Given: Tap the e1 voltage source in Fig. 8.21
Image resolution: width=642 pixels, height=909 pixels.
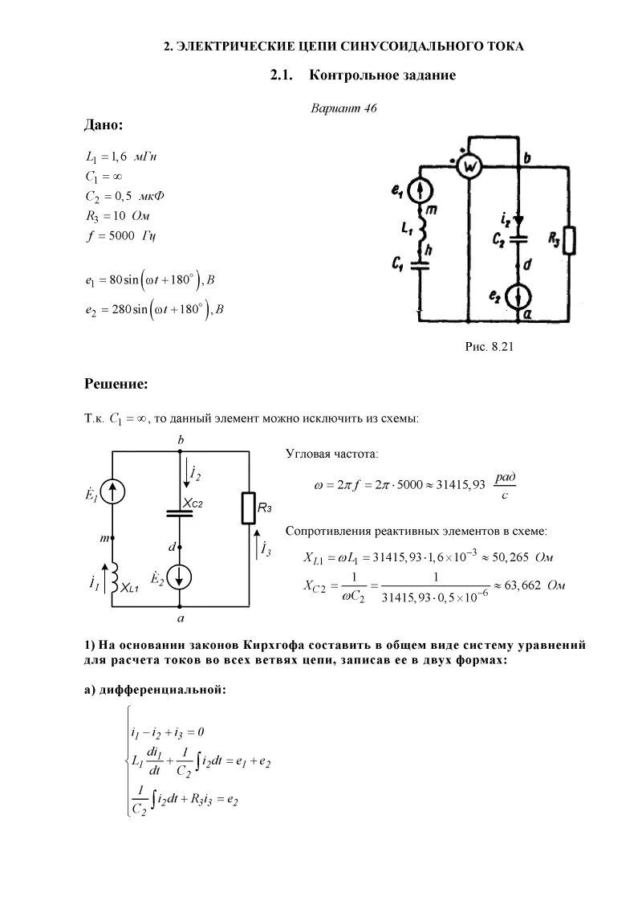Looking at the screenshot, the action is coord(421,191).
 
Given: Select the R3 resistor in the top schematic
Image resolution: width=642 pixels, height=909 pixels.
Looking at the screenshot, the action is coord(571,240).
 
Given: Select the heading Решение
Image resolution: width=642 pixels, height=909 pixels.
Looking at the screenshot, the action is coord(116,385).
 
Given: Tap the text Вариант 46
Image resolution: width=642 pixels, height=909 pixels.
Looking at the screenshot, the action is coord(343,108).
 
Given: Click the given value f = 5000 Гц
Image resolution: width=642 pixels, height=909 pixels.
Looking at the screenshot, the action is coord(120,237).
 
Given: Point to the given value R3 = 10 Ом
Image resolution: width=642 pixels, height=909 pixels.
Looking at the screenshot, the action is coord(117,217).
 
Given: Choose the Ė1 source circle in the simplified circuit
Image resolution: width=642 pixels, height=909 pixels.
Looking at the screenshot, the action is coord(112,492).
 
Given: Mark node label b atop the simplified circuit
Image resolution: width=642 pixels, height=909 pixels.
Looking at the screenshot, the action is coord(181,441).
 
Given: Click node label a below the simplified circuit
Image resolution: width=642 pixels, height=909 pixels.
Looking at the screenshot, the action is coord(181,619).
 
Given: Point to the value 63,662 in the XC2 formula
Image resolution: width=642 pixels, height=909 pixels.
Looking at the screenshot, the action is coord(520,586).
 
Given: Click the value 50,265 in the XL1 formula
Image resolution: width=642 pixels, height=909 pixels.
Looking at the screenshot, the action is coord(509,557).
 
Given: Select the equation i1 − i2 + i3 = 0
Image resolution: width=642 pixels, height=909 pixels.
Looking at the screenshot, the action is coord(169,732).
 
